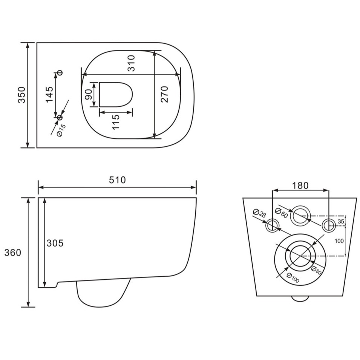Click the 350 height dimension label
[22, 95]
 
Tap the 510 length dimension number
[117, 180]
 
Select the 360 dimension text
[13, 253]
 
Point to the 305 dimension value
[55, 243]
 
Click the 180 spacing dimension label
[300, 185]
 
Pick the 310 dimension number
[131, 63]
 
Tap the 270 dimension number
[164, 94]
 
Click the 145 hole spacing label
[49, 95]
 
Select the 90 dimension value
[89, 94]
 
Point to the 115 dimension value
[116, 122]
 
